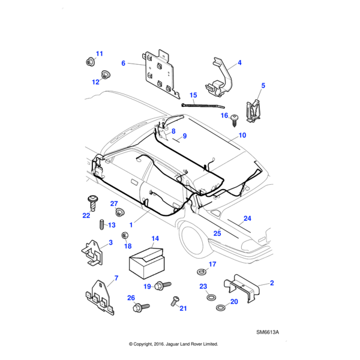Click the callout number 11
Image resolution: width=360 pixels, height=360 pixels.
tap(100, 54)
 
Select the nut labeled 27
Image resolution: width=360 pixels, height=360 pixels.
tap(119, 212)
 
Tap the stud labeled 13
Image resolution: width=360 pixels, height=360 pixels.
tap(101, 225)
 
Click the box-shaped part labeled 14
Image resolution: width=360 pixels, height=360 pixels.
tap(147, 262)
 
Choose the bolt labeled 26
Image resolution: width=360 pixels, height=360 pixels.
tap(139, 309)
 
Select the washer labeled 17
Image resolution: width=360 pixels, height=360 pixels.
tap(200, 272)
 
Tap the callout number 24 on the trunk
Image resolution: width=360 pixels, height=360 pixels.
tap(247, 219)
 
